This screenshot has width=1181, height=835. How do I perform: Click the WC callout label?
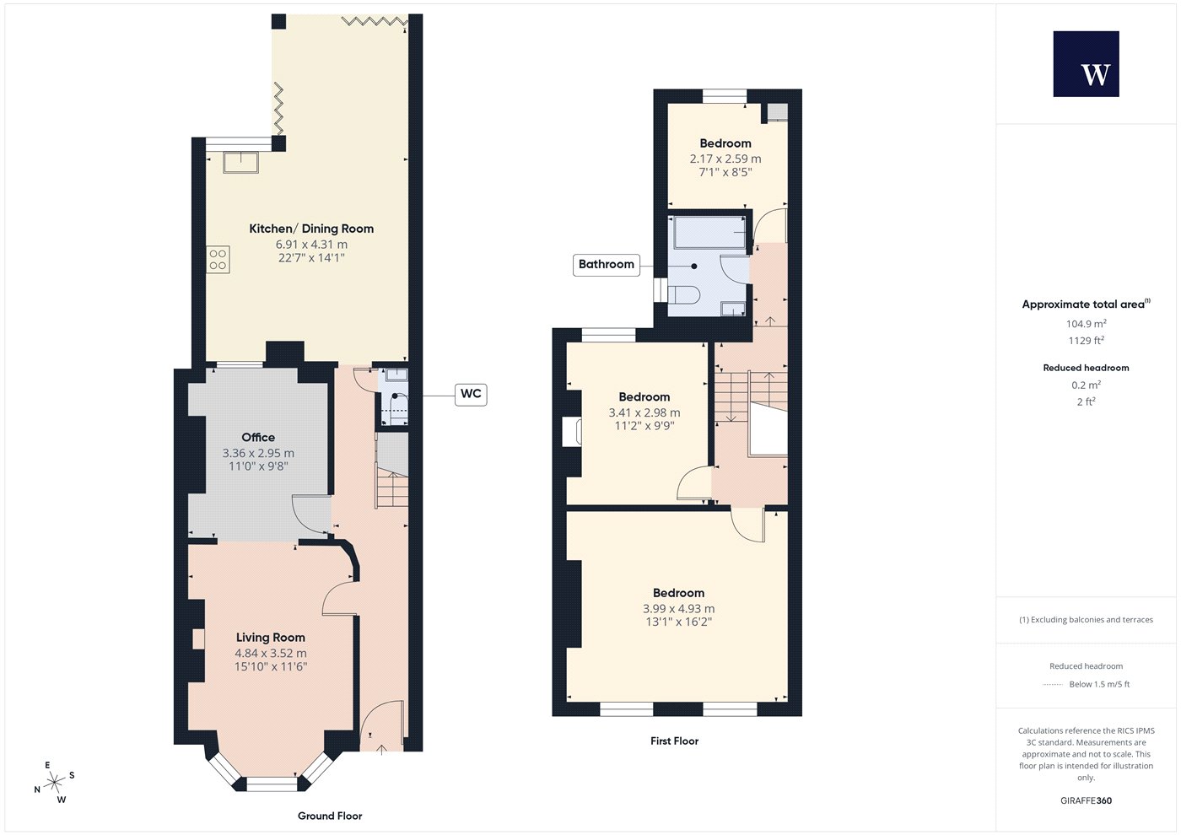(x=471, y=394)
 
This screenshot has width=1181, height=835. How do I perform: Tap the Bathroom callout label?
(x=607, y=265)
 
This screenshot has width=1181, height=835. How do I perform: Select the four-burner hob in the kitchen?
(x=218, y=260)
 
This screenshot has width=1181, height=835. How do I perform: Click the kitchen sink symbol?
(x=240, y=162)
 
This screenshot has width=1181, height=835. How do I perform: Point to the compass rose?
(x=54, y=782)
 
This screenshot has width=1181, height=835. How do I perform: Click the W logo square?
(x=1087, y=64)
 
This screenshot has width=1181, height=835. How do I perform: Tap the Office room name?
(x=258, y=438)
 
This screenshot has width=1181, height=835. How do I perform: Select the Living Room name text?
(x=271, y=638)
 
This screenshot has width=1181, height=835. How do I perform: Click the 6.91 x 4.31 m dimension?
(x=311, y=245)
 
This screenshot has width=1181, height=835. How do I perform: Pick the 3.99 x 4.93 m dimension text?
(x=678, y=609)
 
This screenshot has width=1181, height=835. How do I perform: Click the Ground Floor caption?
(x=330, y=816)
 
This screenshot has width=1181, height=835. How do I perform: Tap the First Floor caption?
(x=674, y=741)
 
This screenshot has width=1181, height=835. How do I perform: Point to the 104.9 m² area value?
(x=1087, y=324)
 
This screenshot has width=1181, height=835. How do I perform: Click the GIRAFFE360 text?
(x=1087, y=800)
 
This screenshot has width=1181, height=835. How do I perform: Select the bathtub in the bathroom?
(x=709, y=233)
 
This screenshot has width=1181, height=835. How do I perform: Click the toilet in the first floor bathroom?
(x=684, y=295)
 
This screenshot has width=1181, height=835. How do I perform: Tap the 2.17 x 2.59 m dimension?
(x=725, y=159)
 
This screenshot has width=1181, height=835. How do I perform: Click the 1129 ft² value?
(x=1087, y=341)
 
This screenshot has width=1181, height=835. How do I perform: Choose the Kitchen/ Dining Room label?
(x=311, y=229)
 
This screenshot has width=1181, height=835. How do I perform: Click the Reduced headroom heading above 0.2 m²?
(x=1087, y=368)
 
